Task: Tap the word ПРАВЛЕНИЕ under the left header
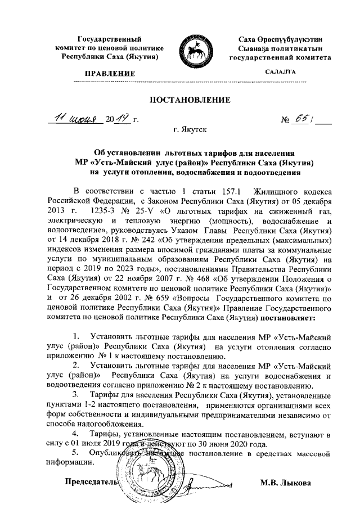pos(110,74)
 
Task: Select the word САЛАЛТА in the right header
pos(280,72)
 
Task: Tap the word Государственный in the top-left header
pos(110,39)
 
